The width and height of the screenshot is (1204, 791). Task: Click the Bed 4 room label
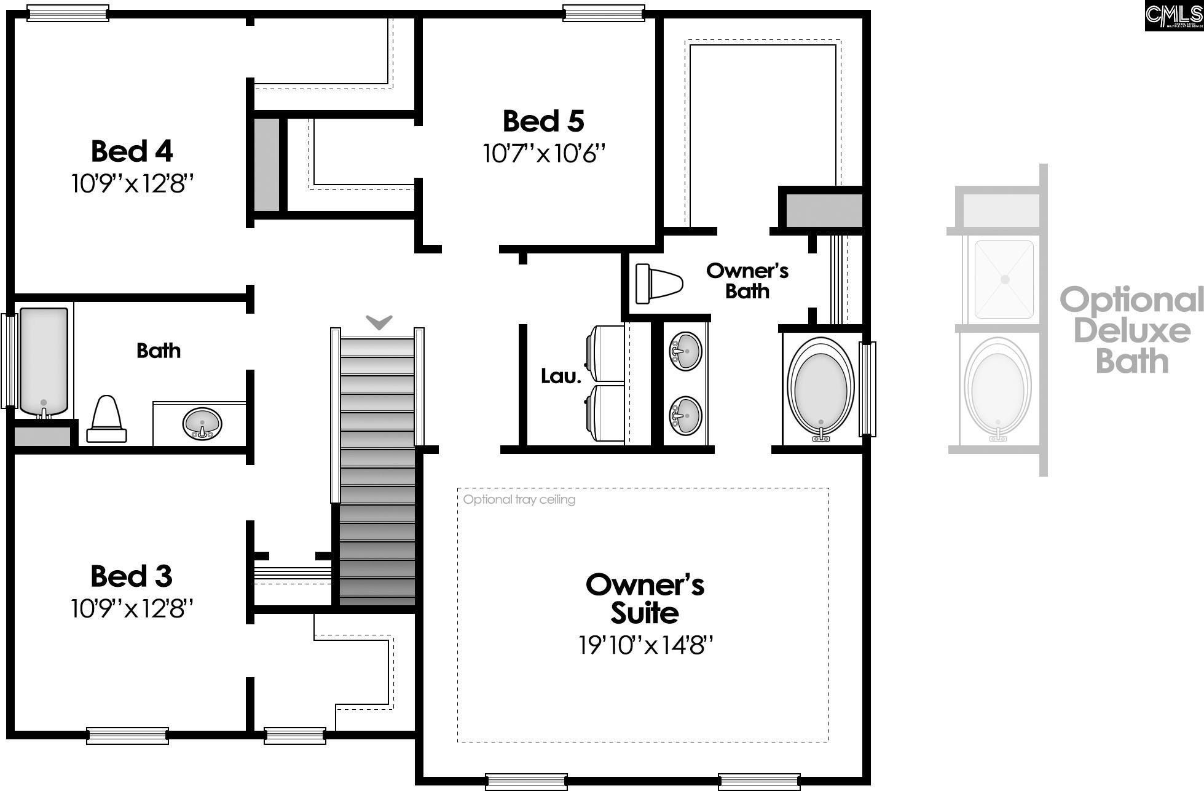point(132,151)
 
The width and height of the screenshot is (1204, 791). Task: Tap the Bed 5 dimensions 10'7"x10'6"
point(544,154)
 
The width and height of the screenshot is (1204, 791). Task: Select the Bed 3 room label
point(131,576)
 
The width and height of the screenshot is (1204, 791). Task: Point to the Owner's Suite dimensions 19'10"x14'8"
point(645,645)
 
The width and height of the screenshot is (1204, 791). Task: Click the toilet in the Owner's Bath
point(658,284)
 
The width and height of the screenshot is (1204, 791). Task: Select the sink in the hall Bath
point(202,424)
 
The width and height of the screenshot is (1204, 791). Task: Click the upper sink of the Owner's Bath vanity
point(685,351)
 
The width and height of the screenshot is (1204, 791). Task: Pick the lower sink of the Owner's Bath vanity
point(685,416)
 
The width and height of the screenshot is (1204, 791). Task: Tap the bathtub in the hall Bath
point(44,361)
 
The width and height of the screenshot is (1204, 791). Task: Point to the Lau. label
point(561,376)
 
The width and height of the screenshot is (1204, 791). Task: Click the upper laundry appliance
point(607,354)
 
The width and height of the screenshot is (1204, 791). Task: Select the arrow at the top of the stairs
point(379,322)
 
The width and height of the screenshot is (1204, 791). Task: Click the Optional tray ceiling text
point(519,499)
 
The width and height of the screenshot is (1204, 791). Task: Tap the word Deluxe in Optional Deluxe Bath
point(1132,331)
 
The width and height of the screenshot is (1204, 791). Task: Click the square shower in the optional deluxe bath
point(1004,279)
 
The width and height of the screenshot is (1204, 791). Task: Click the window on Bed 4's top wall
point(68,13)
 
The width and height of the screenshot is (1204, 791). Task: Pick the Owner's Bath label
point(747,280)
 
